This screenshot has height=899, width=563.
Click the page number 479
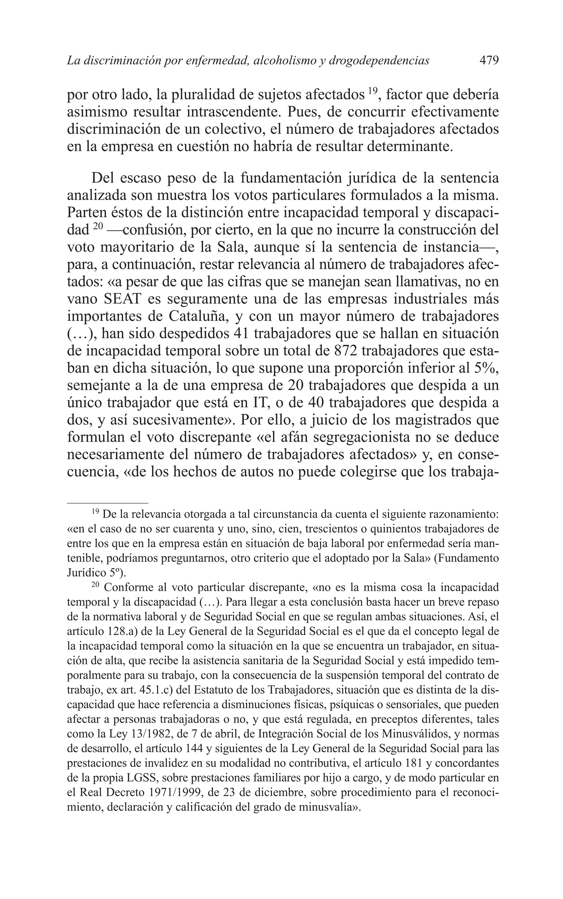[489, 60]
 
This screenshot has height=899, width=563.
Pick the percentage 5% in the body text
[486, 368]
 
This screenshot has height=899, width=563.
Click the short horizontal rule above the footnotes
[107, 503]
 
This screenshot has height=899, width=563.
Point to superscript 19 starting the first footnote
[95, 512]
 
